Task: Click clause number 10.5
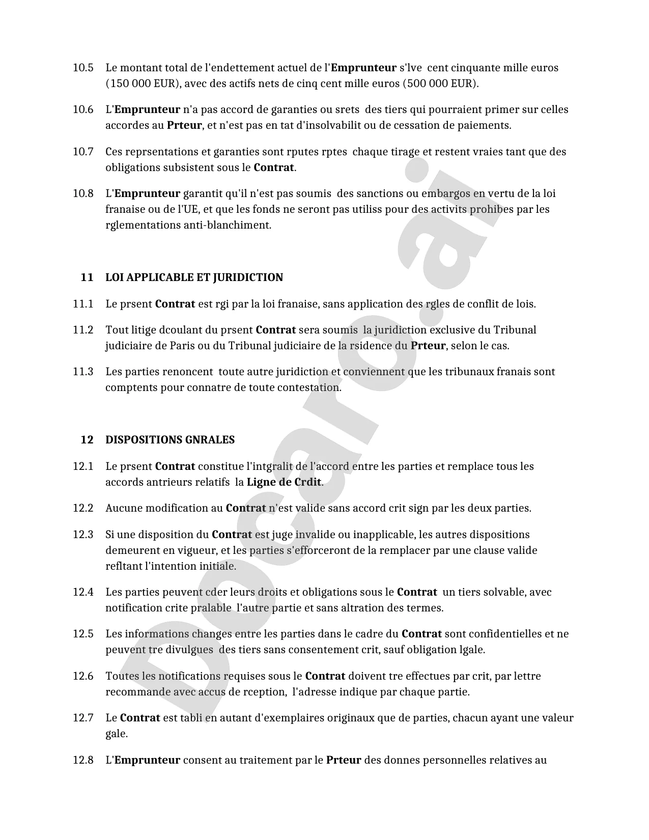[83, 68]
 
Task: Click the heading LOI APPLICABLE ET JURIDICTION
[194, 277]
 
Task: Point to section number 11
[87, 277]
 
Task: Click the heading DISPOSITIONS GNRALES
[170, 440]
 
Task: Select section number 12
[87, 440]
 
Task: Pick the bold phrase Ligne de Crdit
[284, 482]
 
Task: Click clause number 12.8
[83, 761]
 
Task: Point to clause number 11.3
[83, 372]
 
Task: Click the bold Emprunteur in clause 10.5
[363, 68]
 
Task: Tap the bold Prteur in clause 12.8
[344, 761]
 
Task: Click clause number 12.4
[83, 592]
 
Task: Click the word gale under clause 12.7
[117, 734]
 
